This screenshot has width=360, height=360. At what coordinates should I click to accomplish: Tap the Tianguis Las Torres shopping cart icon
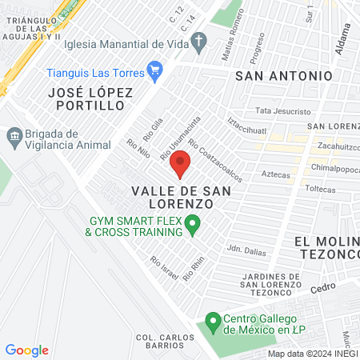(x=155, y=73)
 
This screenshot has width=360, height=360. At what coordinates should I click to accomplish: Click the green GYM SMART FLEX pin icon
(x=192, y=226)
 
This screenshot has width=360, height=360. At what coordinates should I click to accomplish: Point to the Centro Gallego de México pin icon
(x=213, y=322)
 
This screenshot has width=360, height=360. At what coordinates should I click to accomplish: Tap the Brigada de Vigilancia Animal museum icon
(x=14, y=138)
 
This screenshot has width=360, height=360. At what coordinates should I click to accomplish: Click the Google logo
(x=26, y=350)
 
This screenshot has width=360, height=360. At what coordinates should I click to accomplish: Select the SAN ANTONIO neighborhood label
(x=283, y=75)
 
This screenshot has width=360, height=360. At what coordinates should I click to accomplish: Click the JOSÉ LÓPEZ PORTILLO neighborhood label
(x=90, y=99)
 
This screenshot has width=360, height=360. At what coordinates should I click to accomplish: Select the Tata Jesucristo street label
(x=279, y=110)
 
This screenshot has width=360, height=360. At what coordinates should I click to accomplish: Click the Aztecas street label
(x=274, y=174)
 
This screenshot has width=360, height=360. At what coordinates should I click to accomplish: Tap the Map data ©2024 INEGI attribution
(x=312, y=354)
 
